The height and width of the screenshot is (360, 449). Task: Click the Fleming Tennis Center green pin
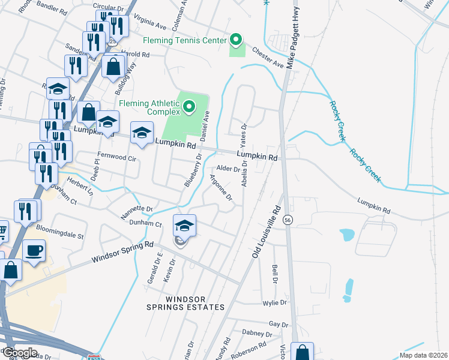[236, 40]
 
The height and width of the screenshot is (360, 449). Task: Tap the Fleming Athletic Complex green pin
[189, 107]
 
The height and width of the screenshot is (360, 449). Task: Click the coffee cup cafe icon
[34, 250]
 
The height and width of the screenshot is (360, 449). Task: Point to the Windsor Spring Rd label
[122, 253]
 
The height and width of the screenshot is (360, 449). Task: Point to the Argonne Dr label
[220, 187]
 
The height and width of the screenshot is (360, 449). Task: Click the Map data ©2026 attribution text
[423, 355]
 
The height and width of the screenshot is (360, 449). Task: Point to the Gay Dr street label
[279, 324]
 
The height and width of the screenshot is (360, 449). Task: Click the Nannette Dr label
[137, 209]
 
